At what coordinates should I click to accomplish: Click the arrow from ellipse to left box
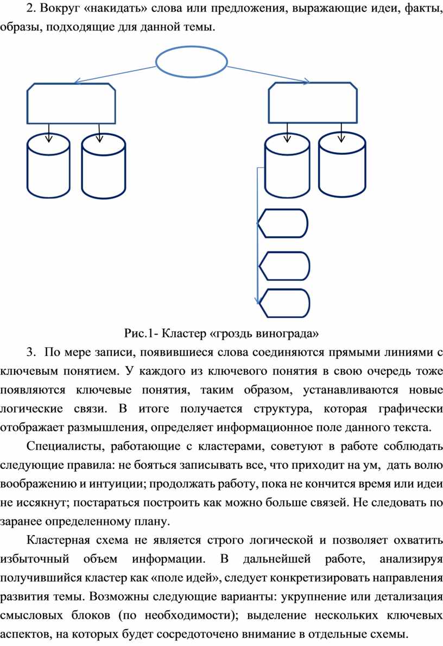click(x=115, y=74)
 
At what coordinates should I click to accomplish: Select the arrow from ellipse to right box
click(x=268, y=74)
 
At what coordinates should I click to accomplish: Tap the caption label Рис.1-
click(x=141, y=333)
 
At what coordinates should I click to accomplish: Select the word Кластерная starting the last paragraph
click(x=58, y=540)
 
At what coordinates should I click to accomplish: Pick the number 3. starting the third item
click(x=31, y=352)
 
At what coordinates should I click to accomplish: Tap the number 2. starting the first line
click(x=31, y=9)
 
